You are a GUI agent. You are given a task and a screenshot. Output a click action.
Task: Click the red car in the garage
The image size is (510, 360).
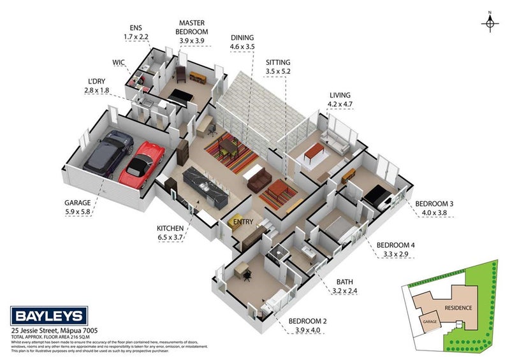pos(142,164)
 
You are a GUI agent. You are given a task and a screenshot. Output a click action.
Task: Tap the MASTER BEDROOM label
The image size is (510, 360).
pos(192,28)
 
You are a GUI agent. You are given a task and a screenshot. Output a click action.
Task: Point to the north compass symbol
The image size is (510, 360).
pos(490,23)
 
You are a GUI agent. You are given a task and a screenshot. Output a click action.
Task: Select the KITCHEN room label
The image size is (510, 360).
pos(171,228)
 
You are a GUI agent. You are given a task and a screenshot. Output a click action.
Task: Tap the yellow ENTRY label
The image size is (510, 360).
pos(243,222)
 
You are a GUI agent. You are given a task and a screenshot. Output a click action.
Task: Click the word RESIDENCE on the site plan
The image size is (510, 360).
pos(459,308)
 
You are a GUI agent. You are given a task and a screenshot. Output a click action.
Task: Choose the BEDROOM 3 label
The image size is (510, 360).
pos(435,204)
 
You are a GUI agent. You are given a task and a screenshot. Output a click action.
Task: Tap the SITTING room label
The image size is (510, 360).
pos(278,62)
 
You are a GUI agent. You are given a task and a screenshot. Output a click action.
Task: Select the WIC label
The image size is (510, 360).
pos(118,62)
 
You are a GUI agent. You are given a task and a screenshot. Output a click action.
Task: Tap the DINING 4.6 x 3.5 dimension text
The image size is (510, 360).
pos(242,47)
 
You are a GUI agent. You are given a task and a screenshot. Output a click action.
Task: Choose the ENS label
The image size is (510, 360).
pos(135,28)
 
